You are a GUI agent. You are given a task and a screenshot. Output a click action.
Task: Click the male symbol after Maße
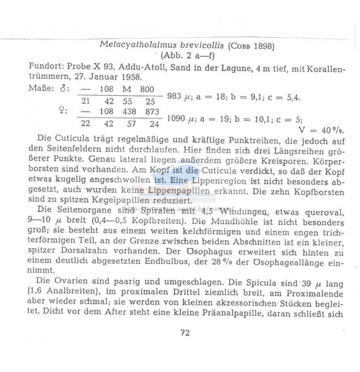pyautogui.click(x=66, y=89)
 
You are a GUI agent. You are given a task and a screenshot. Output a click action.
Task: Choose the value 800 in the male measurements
pyautogui.click(x=148, y=89)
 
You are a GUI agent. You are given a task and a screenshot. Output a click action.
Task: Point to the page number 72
pyautogui.click(x=185, y=333)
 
